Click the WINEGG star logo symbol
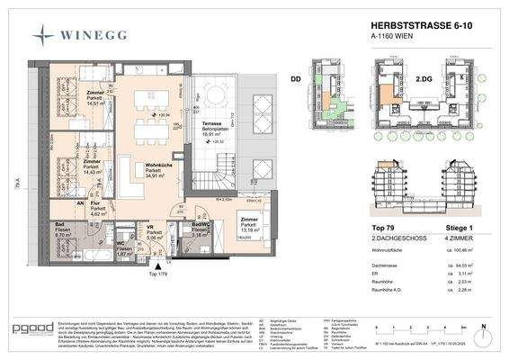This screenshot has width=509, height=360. click(43, 35)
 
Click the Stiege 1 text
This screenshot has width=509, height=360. click(447, 230)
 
